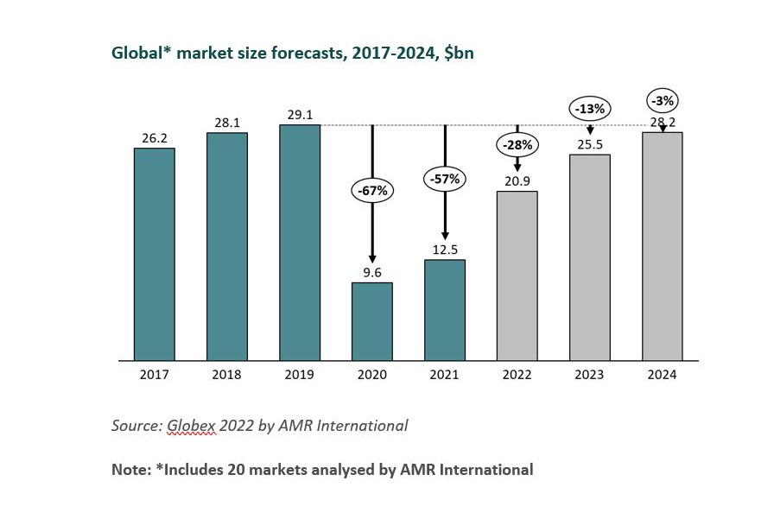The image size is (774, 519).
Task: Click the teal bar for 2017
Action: click(x=155, y=254)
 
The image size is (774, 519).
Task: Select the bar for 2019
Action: click(x=300, y=243)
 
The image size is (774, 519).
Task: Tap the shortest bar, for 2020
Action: click(x=372, y=321)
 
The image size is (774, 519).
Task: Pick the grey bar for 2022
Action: click(x=517, y=275)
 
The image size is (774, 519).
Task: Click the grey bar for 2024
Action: click(x=663, y=246)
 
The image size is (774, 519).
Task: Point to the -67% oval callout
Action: click(x=372, y=190)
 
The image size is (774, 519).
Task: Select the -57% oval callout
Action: click(x=445, y=180)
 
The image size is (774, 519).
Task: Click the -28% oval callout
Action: click(x=517, y=144)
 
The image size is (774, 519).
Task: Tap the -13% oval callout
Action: click(x=590, y=109)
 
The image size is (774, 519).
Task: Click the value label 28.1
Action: click(x=227, y=123)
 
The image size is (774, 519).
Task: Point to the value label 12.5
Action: click(x=445, y=250)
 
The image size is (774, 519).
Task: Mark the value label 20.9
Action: click(x=517, y=180)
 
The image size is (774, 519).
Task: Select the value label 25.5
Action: click(x=590, y=144)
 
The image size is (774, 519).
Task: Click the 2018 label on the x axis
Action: click(x=227, y=375)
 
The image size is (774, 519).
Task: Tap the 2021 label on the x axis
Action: click(x=445, y=375)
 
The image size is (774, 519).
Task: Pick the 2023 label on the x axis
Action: click(x=590, y=375)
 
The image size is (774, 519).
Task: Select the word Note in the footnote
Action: click(x=130, y=470)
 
